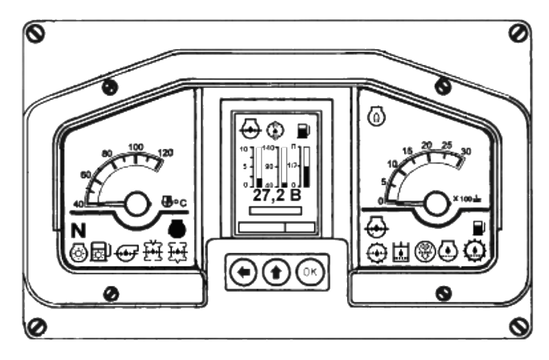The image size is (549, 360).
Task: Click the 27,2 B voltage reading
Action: [x=276, y=197]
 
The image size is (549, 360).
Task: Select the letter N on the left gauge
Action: [x=78, y=231]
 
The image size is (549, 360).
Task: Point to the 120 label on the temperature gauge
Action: [x=166, y=153]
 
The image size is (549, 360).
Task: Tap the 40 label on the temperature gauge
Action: [x=77, y=204]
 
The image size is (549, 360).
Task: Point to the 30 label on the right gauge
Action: [x=466, y=152]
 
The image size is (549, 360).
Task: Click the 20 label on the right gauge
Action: [x=427, y=145]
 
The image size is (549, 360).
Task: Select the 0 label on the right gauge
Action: [x=380, y=201]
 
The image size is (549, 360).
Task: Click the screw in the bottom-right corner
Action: [x=519, y=326]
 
